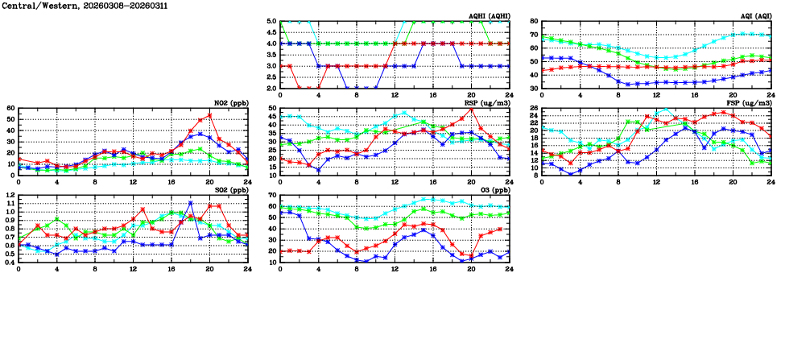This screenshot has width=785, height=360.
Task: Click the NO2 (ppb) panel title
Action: (230, 104)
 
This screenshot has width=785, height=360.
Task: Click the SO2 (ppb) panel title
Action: (230, 191)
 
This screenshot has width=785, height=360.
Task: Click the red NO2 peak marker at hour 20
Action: (209, 115)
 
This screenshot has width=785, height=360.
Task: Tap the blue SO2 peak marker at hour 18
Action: (190, 203)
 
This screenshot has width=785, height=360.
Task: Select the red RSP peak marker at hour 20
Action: (471, 110)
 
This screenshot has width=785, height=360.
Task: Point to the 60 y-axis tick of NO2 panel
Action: (10, 108)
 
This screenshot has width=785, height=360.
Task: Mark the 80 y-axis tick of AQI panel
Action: (533, 21)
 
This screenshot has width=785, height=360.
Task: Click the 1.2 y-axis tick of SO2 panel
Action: (10, 195)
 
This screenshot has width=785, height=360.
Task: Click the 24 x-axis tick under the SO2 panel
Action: (248, 267)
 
